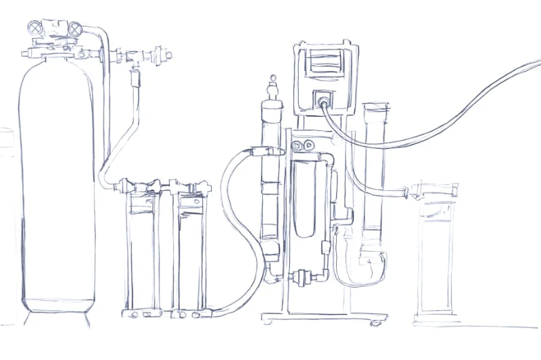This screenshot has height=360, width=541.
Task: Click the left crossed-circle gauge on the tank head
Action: (x=35, y=28)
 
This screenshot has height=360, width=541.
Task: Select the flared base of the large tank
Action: (x=57, y=317)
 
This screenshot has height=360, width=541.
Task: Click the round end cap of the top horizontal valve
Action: (x=166, y=54)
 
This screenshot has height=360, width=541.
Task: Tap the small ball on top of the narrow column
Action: (x=273, y=78)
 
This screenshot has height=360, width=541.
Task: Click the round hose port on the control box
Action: (x=322, y=101)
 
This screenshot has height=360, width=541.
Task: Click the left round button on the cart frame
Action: (x=297, y=146)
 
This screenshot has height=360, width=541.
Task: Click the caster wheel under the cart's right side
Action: (x=376, y=322)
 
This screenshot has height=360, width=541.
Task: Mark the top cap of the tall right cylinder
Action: (x=375, y=107)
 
